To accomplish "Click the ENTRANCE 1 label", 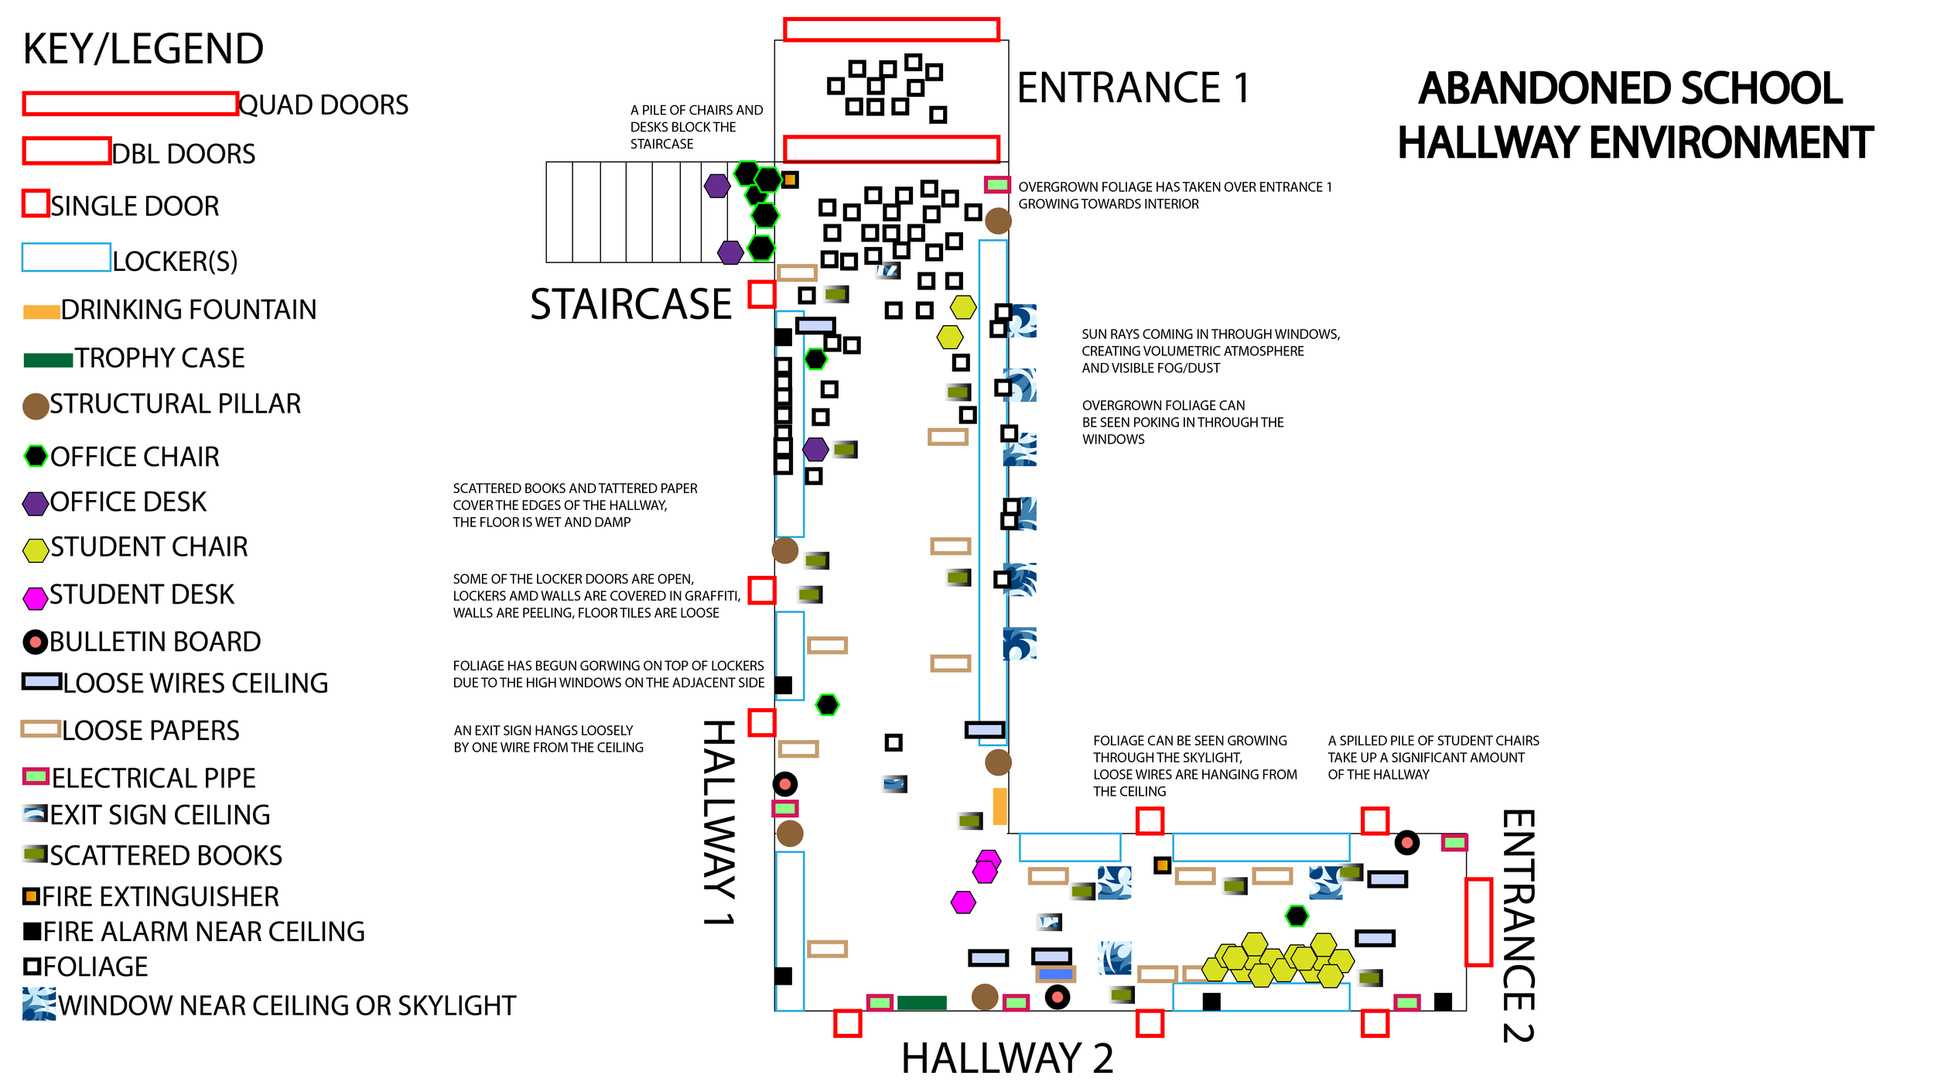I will click(1133, 87).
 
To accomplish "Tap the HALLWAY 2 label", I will click(1006, 1058).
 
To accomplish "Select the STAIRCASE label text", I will click(630, 304).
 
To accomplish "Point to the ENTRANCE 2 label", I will click(1518, 926).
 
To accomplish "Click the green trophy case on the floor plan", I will click(921, 1003).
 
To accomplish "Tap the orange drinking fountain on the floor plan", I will click(999, 806).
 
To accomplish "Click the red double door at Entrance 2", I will click(1478, 922).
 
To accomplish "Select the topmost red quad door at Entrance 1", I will click(891, 29).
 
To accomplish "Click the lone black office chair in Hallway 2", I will click(1297, 916).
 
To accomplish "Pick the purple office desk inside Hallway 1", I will click(815, 449).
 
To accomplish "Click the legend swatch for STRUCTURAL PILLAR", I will click(36, 406).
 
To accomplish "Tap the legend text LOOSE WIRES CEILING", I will click(195, 683).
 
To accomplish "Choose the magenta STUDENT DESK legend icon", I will click(35, 598).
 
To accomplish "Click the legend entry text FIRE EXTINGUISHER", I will click(160, 896).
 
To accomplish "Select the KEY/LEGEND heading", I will click(143, 49).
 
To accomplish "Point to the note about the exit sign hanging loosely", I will click(548, 738).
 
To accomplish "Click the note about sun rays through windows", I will click(1210, 351).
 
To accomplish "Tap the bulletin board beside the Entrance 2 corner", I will click(1406, 842).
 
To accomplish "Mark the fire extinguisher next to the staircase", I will click(790, 180).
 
